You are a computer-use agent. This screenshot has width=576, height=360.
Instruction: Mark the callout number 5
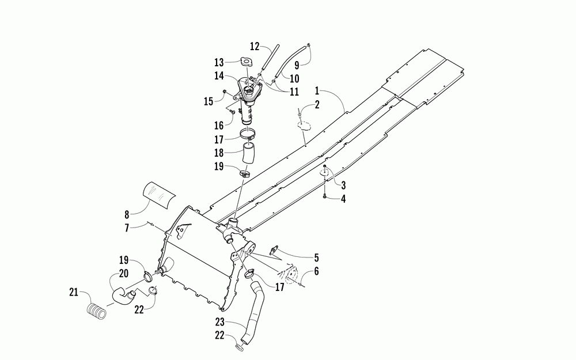(316, 257)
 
